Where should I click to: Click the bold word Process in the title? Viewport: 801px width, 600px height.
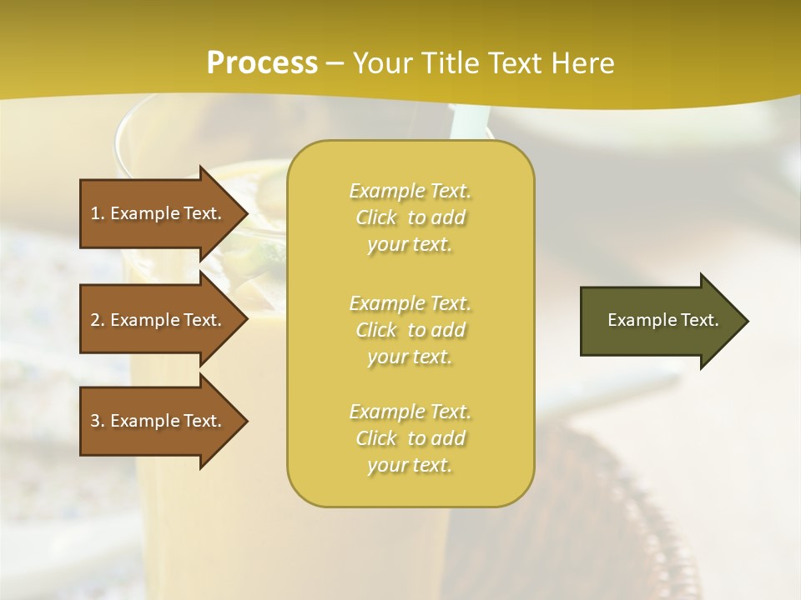pos(262,63)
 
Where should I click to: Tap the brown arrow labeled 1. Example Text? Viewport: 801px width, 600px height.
pos(159,213)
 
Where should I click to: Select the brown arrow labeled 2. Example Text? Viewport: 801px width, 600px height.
pos(159,320)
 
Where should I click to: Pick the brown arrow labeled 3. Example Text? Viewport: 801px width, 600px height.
pos(159,421)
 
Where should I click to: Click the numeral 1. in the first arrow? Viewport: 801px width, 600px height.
pos(98,213)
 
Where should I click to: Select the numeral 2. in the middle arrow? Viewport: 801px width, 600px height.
pos(98,320)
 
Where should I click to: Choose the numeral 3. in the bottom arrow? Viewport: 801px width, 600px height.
pos(98,421)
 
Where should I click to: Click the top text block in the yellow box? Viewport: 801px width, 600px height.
pos(410,217)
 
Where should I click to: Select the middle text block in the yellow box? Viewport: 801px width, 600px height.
pos(410,330)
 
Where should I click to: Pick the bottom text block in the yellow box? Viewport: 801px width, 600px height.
pos(410,438)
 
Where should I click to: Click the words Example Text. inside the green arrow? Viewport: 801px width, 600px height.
pos(662,320)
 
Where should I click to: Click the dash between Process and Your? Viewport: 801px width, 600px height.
pos(335,64)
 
